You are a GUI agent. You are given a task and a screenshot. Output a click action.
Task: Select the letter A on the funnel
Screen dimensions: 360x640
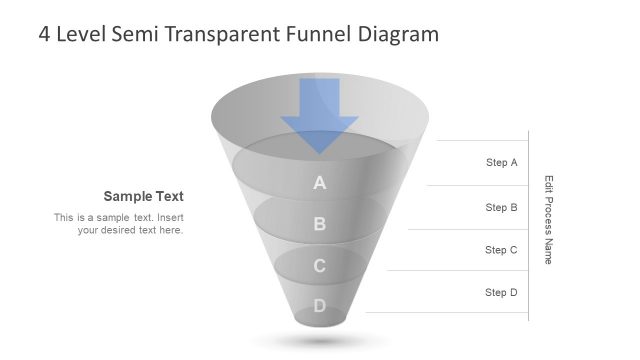[320, 183]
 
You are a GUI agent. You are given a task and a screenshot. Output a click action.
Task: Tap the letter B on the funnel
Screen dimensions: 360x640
[320, 224]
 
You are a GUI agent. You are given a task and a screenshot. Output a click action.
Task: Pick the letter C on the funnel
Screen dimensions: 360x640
[320, 266]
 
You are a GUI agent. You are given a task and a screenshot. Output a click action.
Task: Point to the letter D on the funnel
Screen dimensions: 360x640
[320, 306]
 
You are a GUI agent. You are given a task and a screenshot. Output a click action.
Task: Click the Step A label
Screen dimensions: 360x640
[501, 162]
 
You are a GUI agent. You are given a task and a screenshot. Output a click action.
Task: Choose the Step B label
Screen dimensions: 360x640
[501, 208]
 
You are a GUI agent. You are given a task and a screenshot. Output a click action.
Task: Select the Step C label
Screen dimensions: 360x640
[501, 250]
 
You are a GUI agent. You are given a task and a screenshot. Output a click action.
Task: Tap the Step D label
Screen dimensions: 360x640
[501, 293]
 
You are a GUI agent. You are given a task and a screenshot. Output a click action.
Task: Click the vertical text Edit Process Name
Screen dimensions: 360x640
[548, 219]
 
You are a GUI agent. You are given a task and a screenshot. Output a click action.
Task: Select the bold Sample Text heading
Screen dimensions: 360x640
[143, 196]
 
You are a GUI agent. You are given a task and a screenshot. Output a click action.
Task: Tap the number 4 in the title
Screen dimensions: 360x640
[45, 35]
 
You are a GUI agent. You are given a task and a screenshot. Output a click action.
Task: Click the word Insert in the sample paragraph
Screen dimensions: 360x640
[171, 217]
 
